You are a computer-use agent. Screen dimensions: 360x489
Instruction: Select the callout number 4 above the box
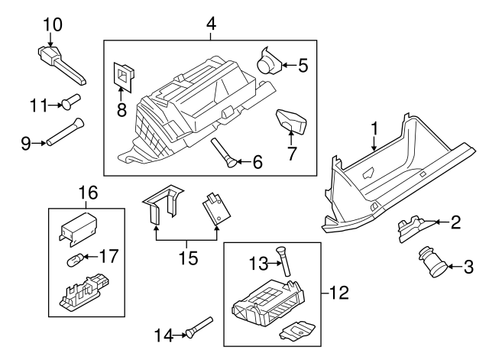(x=210, y=24)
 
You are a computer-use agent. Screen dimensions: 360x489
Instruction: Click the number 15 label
(x=186, y=258)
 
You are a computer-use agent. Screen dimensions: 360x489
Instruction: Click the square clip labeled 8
(x=123, y=74)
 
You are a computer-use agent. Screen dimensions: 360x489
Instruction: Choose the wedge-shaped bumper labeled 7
(x=290, y=120)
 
